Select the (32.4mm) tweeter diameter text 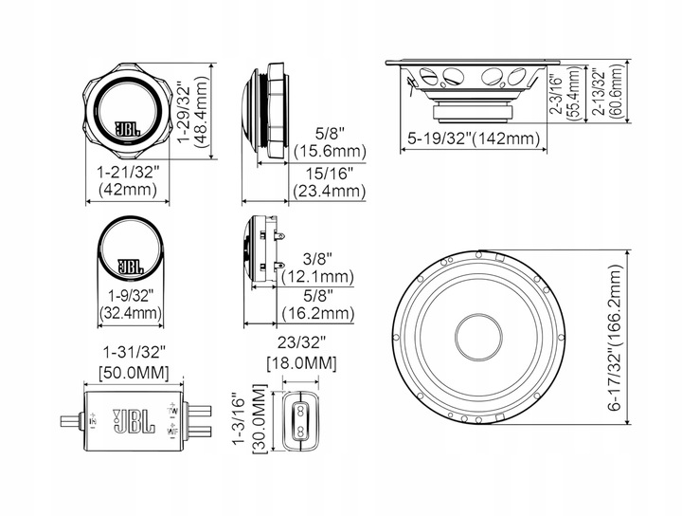pos(131,311)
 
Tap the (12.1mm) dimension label pos(318,277)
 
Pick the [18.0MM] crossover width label pos(300,364)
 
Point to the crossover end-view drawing pos(300,416)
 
